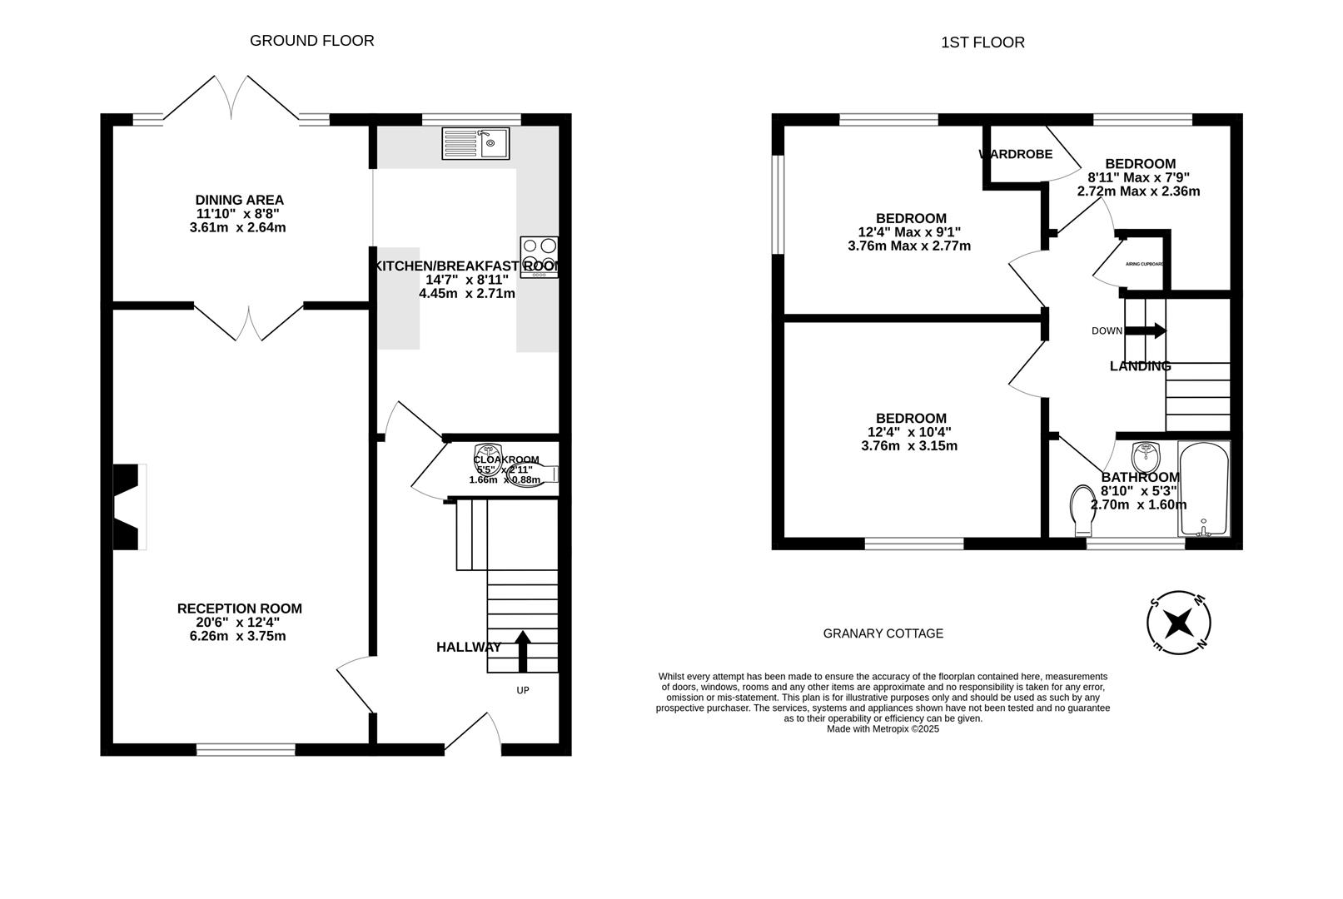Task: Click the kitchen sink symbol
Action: (x=475, y=143)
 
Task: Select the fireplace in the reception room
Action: (x=130, y=506)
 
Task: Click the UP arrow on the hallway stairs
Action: (x=523, y=651)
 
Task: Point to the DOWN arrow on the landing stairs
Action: (x=1147, y=330)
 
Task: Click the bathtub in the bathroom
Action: (x=1204, y=489)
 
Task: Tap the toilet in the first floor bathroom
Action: (x=1082, y=510)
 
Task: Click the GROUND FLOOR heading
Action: (x=312, y=41)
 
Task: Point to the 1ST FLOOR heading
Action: (x=982, y=42)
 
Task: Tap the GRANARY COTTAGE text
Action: (x=883, y=633)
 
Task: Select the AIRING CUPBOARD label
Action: (x=1144, y=264)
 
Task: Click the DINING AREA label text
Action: (x=239, y=200)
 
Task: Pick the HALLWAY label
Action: (x=469, y=647)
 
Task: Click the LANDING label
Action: (x=1140, y=366)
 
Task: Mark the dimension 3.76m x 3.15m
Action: (x=909, y=445)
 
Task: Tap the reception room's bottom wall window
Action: (x=246, y=750)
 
